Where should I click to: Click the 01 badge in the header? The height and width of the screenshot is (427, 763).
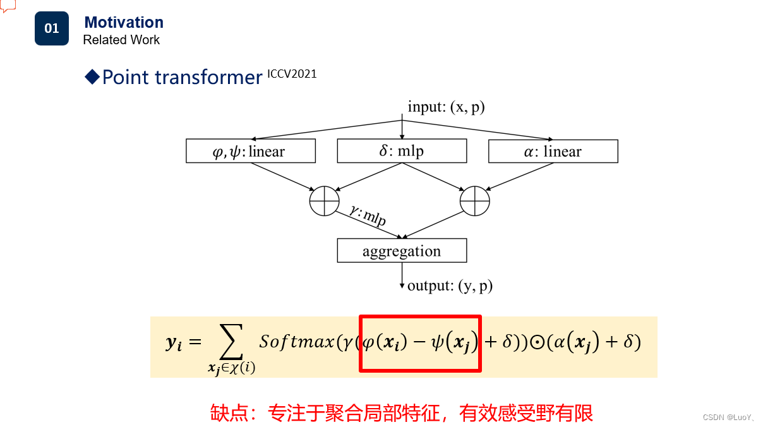pyautogui.click(x=52, y=28)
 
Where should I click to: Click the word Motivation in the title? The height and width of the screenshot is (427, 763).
pyautogui.click(x=124, y=23)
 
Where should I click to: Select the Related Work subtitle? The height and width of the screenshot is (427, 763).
pyautogui.click(x=121, y=40)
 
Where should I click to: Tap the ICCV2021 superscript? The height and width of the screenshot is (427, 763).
pyautogui.click(x=292, y=74)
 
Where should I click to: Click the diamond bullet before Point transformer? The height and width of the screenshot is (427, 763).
pyautogui.click(x=92, y=77)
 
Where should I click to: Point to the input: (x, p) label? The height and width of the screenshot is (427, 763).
pyautogui.click(x=446, y=107)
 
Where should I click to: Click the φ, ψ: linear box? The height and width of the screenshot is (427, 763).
pyautogui.click(x=251, y=152)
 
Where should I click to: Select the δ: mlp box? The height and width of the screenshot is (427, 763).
pyautogui.click(x=402, y=152)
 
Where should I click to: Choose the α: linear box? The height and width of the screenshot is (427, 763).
pyautogui.click(x=553, y=152)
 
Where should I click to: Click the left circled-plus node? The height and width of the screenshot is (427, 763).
pyautogui.click(x=325, y=201)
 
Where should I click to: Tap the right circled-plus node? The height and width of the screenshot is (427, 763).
pyautogui.click(x=475, y=201)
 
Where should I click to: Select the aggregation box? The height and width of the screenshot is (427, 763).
pyautogui.click(x=402, y=251)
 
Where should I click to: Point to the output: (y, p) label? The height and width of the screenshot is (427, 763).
pyautogui.click(x=450, y=286)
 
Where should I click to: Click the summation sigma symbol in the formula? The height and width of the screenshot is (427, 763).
pyautogui.click(x=232, y=342)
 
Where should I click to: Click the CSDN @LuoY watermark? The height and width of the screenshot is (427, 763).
pyautogui.click(x=726, y=418)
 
